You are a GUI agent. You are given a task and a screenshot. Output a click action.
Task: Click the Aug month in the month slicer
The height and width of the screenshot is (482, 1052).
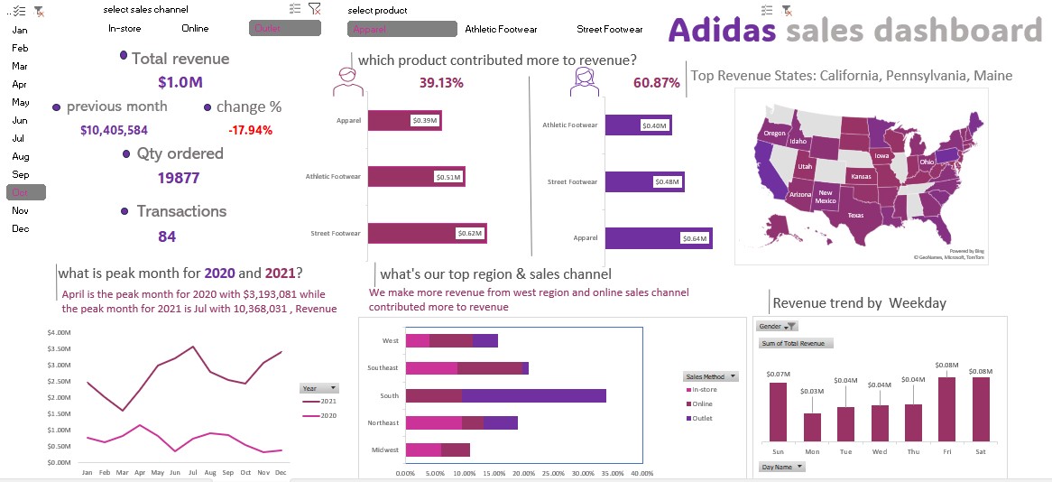21,156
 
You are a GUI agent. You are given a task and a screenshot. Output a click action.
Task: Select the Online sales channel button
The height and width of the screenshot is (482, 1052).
195,28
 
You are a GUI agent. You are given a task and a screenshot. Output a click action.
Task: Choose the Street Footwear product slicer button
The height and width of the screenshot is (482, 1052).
610,29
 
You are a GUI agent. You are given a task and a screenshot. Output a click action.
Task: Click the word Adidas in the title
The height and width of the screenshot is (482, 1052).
723,31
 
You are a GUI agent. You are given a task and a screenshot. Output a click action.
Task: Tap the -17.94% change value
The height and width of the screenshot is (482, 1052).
251,130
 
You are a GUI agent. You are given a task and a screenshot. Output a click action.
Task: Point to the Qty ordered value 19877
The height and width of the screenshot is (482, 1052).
179,178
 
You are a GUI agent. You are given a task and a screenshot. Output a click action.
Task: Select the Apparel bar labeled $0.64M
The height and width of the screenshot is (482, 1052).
658,238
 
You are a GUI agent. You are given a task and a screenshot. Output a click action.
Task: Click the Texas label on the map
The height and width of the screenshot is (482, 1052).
855,216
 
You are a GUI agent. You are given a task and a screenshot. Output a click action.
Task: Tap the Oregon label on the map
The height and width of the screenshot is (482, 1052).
775,133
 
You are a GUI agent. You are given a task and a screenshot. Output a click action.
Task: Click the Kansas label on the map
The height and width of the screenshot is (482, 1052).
861,176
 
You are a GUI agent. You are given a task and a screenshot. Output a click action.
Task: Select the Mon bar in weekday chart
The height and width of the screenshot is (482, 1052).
812,427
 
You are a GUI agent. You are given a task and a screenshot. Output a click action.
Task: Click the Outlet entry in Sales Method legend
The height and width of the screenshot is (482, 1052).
704,418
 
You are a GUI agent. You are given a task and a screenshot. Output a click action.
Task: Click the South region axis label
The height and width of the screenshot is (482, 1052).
390,395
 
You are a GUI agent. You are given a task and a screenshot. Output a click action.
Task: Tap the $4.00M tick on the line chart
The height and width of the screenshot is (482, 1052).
59,333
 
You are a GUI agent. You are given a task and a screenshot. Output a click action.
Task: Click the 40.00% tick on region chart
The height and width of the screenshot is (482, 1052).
641,472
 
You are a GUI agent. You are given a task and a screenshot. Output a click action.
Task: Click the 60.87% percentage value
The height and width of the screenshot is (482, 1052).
656,83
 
